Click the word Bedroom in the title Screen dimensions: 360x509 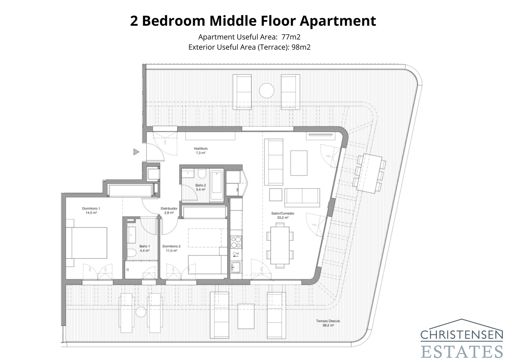click(173, 21)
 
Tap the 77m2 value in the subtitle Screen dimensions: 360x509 click(291, 37)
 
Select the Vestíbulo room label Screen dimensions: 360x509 click(200, 149)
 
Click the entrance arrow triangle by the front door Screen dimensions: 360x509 click(136, 152)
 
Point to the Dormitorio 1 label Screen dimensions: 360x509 click(91, 208)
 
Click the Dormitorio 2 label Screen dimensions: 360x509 click(171, 246)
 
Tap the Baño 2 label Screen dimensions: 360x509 click(200, 185)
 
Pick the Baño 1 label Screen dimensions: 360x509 click(144, 246)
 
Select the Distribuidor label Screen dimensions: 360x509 click(169, 208)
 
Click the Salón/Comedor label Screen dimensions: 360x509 click(282, 213)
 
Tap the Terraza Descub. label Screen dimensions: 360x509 click(328, 321)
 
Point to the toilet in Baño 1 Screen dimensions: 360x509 click(131, 253)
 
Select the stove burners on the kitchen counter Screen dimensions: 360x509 click(236, 242)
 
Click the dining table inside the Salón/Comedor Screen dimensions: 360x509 click(280, 245)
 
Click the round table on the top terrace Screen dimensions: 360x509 click(267, 91)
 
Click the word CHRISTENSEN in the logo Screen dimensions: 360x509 click(462, 335)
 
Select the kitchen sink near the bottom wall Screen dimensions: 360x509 click(236, 267)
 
